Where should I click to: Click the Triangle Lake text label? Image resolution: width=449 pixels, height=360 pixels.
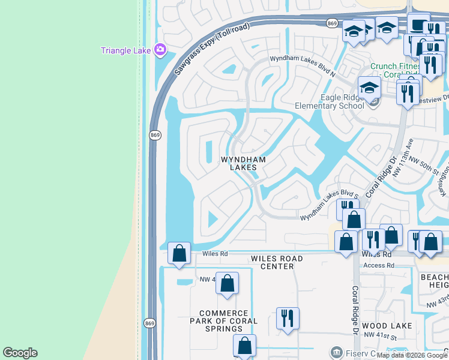[125, 50]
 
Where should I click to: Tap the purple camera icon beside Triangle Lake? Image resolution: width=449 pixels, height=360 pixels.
[160, 50]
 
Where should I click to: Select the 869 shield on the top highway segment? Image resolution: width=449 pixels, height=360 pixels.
[333, 23]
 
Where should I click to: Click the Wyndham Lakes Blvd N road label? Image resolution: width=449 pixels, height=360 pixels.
[302, 65]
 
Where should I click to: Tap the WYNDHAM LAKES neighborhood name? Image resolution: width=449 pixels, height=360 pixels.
[243, 163]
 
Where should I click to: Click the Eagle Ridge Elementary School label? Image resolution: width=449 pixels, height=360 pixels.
[329, 101]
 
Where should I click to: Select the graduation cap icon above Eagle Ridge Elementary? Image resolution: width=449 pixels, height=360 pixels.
[369, 88]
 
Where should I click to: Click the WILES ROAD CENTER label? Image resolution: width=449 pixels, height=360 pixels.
[277, 262]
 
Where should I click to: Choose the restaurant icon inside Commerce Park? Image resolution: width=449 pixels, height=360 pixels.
[288, 319]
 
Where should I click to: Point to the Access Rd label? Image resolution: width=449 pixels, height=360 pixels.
[379, 265]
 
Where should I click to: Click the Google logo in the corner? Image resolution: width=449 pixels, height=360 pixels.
[20, 353]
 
